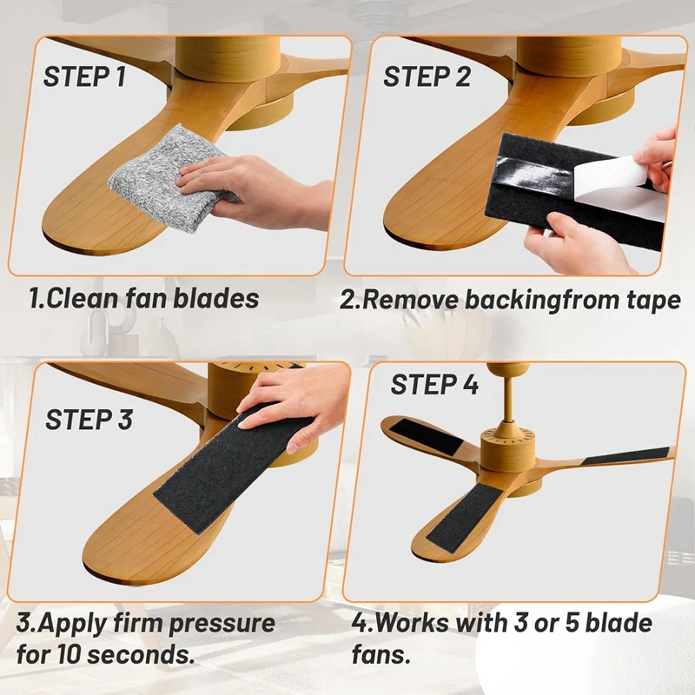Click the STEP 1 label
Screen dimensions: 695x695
coord(84,76)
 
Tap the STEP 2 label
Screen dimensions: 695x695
coord(427,76)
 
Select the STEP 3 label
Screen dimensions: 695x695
coord(89,420)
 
